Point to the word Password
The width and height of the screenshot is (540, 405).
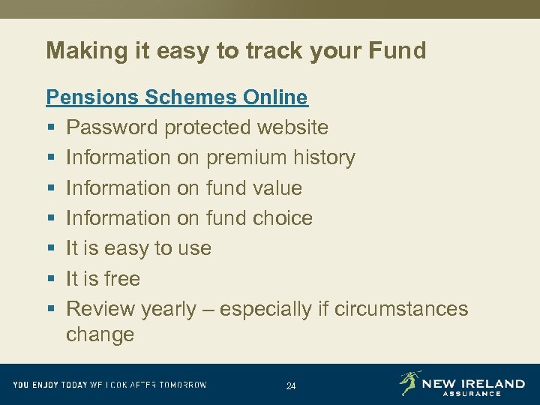coord(112,127)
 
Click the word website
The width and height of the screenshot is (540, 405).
coord(292,127)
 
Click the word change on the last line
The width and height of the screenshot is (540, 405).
coord(100,334)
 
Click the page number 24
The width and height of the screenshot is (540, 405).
coord(291,386)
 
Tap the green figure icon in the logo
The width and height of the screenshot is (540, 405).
coord(410,382)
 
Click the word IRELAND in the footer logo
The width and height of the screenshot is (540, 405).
coord(490,383)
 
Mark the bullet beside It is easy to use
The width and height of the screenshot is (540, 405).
coord(50,248)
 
